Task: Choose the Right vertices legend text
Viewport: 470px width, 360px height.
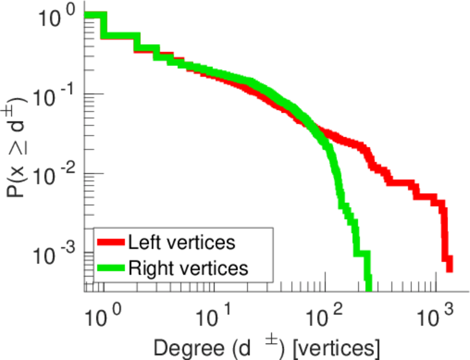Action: pos(188,268)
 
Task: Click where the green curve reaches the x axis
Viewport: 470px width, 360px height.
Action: pos(368,289)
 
